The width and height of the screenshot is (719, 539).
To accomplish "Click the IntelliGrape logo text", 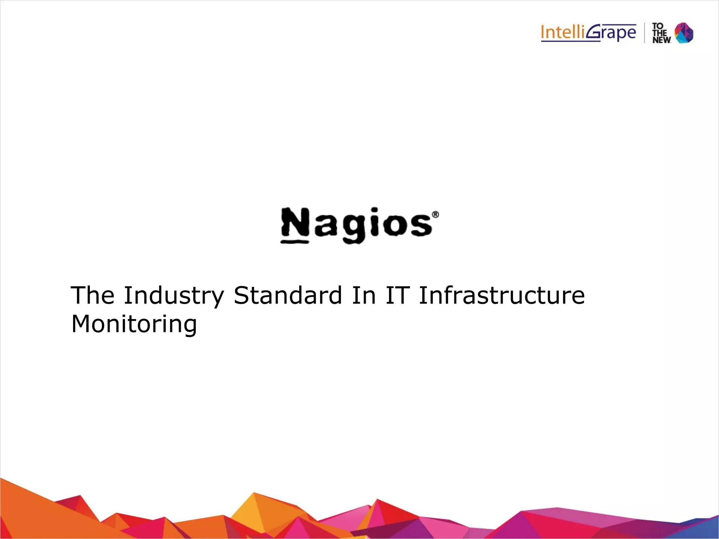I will [588, 33].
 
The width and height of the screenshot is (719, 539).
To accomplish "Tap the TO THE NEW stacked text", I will [661, 33].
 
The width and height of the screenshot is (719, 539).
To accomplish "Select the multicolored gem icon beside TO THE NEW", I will [684, 33].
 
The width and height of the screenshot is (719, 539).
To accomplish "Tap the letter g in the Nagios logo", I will [354, 228].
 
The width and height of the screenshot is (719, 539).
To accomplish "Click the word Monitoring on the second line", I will [134, 325].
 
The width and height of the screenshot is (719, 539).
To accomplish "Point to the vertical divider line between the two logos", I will [645, 33].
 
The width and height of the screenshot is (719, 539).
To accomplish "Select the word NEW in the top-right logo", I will [661, 40].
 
